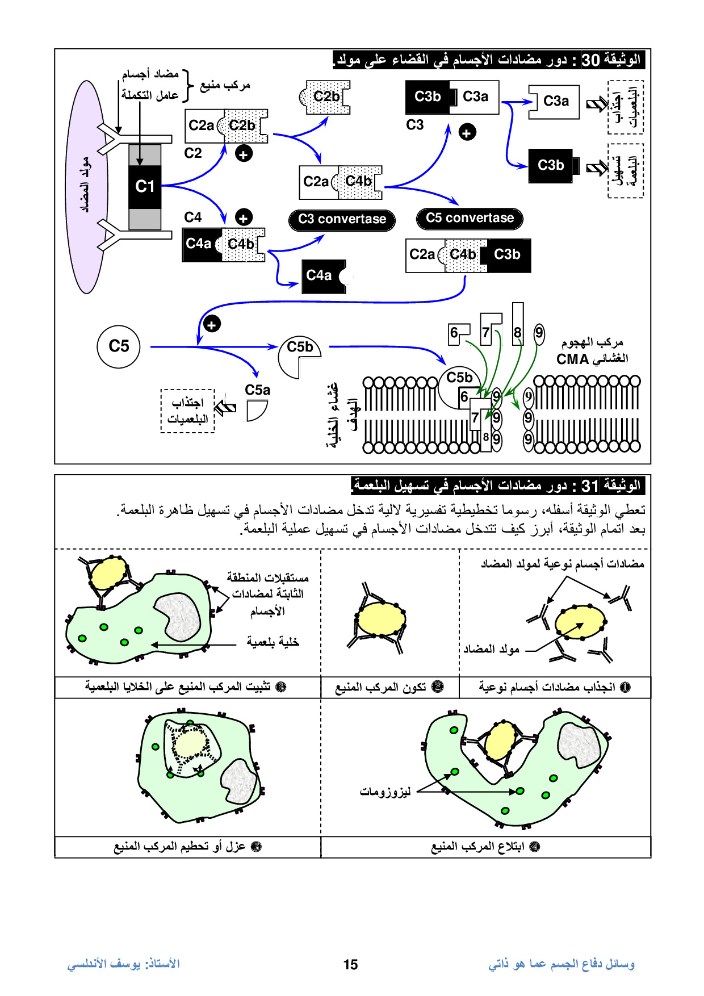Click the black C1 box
[145, 186]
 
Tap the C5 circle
[119, 346]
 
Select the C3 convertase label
[342, 220]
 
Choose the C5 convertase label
[470, 219]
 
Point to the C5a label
[257, 390]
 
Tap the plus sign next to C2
[244, 153]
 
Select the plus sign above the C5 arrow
[212, 325]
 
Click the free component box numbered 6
[456, 333]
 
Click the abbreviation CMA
[572, 359]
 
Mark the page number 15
[350, 964]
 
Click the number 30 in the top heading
[590, 60]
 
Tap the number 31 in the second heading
[590, 486]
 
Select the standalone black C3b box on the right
[551, 165]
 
